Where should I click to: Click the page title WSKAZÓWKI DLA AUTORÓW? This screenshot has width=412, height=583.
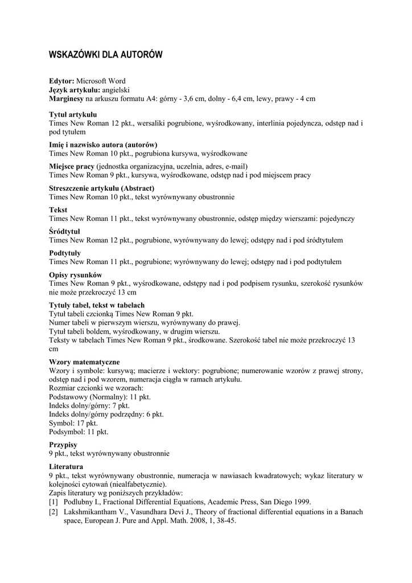point(105,55)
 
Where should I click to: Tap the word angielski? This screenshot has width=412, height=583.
point(116,90)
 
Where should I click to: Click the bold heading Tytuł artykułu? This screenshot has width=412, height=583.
point(73,115)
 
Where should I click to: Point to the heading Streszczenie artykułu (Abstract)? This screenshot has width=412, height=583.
point(102,188)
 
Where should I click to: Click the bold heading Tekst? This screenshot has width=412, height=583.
point(58,210)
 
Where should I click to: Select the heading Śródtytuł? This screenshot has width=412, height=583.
point(65,232)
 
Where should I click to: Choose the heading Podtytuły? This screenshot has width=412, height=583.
point(65,253)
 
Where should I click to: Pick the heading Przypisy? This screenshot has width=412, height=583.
point(63,445)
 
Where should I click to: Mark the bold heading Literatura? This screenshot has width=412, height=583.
point(66,466)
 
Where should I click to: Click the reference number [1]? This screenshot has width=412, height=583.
point(53,502)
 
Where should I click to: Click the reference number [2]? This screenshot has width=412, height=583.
point(53,512)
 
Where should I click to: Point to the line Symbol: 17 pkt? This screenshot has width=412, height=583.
point(73,423)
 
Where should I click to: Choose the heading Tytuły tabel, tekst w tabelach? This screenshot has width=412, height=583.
point(97,305)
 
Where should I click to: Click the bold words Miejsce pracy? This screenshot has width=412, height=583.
point(72,166)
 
